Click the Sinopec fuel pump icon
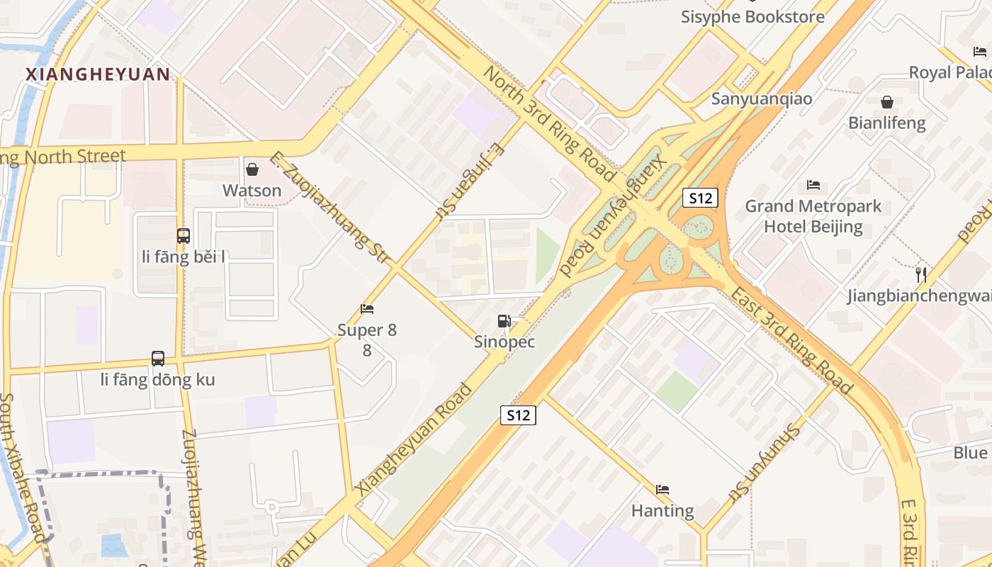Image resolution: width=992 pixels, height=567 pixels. coord(504,321)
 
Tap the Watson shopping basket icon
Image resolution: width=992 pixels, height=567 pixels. coord(252,169)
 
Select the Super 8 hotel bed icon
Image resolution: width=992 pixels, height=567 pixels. coord(367,309)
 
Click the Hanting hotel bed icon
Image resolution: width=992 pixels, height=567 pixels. coord(663,490)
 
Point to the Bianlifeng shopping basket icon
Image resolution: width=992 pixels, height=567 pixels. coord(886,102)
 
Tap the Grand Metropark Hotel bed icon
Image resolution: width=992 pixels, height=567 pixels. coord(813,186)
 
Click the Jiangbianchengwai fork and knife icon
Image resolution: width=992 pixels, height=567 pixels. coord(921,274)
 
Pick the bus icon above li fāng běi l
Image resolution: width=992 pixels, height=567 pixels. coord(184,236)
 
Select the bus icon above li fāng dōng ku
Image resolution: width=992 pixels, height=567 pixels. coord(158,359)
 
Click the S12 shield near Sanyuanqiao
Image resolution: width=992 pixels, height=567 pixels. coord(701,198)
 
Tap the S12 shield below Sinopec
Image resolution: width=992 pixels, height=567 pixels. coord(518,415)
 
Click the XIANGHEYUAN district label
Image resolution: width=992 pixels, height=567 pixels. coord(98,74)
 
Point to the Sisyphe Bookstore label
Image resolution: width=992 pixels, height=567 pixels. coord(753,17)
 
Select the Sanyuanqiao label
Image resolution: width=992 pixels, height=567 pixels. coord(762,99)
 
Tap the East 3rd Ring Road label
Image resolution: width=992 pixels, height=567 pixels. coord(791,341)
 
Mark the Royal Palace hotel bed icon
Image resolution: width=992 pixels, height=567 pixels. coord(980,51)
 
